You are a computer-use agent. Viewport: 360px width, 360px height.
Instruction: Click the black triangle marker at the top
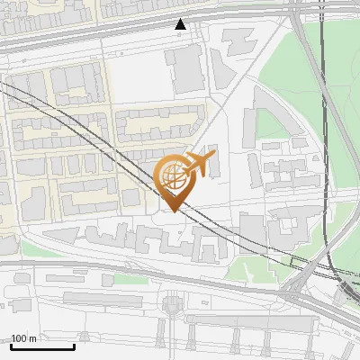tap(181, 24)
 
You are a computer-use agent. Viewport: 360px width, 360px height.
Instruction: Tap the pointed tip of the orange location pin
tap(171, 211)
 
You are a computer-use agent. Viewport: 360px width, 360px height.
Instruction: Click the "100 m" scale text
tap(24, 338)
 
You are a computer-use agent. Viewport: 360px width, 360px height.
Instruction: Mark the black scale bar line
tap(42, 346)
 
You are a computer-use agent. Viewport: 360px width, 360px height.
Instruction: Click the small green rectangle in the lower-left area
tap(130, 279)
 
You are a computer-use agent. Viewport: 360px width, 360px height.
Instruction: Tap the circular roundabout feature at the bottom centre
tap(172, 307)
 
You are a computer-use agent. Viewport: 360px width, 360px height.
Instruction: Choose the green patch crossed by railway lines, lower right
tap(256, 265)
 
